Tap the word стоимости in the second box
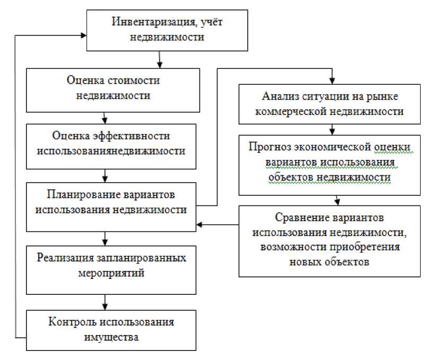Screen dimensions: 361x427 tap(132, 81)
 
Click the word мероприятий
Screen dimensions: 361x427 tap(110, 274)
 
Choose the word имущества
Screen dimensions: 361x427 tap(111, 338)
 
